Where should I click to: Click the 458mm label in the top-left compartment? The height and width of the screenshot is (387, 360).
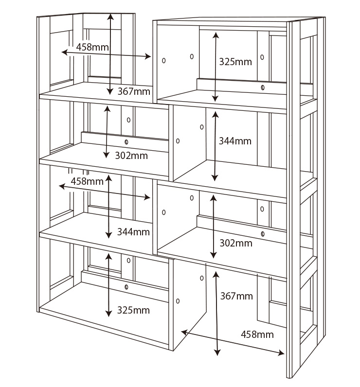pos(92,47)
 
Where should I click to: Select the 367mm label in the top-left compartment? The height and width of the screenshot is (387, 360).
pos(134,91)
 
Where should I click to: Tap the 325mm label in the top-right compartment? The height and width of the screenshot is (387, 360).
pos(235,62)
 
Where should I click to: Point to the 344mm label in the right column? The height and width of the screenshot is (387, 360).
pos(235,141)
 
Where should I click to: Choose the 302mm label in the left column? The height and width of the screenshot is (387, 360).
pos(131,156)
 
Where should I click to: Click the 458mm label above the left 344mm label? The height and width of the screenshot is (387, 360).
pos(87,181)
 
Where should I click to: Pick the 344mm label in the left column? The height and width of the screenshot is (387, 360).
pos(133,232)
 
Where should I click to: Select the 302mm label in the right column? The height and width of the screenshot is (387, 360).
pos(236,244)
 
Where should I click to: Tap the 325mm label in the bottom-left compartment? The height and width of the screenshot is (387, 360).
pos(133,310)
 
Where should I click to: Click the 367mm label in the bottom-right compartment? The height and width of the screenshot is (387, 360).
pos(236,296)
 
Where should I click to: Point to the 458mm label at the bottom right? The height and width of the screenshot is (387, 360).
pos(257,334)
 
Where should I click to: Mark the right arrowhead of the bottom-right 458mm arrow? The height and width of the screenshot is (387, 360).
pos(282,353)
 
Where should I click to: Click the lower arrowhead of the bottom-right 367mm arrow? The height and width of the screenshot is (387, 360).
pos(217,352)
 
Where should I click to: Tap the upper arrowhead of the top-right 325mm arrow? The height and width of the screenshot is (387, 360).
pos(216,35)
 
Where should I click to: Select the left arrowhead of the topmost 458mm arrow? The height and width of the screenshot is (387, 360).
pos(64,53)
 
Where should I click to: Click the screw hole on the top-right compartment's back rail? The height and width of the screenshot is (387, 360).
pos(263,88)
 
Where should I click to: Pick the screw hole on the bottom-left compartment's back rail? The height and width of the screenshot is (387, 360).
pos(126,287)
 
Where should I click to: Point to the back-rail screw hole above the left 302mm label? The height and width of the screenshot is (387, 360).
pos(126,142)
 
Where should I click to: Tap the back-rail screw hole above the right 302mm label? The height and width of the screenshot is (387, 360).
pos(263,234)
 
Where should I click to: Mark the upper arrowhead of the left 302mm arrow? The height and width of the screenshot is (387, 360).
pos(107,108)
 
